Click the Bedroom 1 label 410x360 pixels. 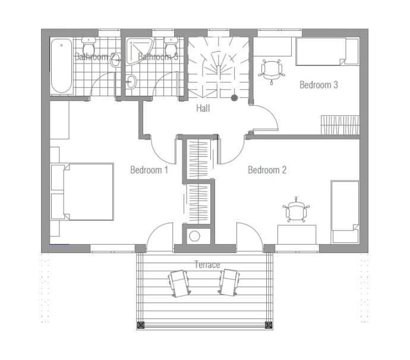[149, 170]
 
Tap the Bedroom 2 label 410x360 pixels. [267, 170]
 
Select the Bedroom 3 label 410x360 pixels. [318, 85]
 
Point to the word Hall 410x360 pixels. [203, 108]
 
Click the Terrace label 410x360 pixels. [207, 264]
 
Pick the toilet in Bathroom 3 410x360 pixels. [171, 46]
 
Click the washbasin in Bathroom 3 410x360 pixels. [131, 81]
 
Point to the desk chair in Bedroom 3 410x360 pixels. [272, 71]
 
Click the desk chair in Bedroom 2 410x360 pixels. [296, 210]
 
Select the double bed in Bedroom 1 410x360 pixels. [82, 192]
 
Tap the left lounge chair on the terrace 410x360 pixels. [179, 283]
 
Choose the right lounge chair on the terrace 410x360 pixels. [229, 282]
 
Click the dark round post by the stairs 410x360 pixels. [234, 98]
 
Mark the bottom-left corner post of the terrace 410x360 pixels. [141, 325]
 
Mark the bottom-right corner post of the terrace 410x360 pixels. [269, 325]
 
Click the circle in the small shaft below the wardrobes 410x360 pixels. [194, 236]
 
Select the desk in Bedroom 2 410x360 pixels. [297, 235]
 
